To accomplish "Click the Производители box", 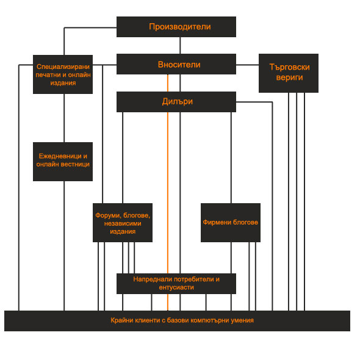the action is click(176, 27).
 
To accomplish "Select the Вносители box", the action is click(176, 64).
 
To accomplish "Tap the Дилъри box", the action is click(176, 102).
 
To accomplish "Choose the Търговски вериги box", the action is click(289, 73).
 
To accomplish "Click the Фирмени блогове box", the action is click(231, 223).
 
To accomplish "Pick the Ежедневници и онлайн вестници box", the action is click(63, 162).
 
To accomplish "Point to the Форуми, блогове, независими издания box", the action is click(123, 223).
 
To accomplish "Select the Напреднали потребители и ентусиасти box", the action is click(176, 284).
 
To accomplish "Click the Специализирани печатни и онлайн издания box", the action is click(63, 74).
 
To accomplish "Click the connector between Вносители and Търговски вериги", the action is click(247, 65).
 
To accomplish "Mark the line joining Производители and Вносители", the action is click(180, 46).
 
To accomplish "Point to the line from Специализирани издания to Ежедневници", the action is click(64, 118).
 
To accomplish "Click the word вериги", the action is click(289, 77).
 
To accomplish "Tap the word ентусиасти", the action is click(176, 287).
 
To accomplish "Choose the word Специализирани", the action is click(63, 67).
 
